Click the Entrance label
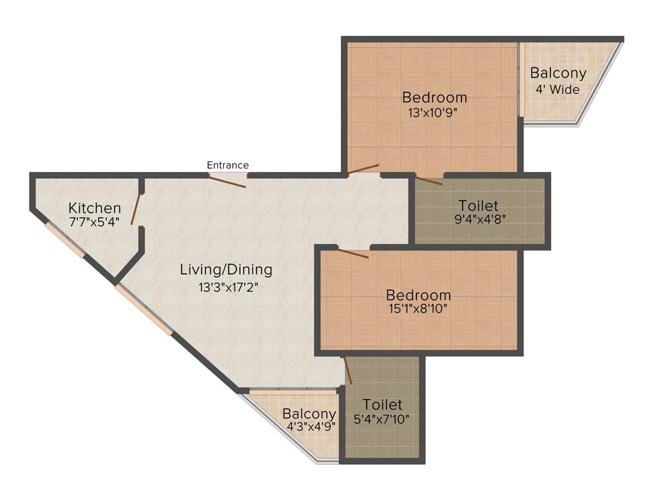coord(228,166)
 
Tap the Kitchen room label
coord(95,208)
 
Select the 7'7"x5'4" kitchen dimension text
coord(95,221)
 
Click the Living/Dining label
coord(226,269)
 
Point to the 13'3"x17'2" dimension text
coord(226,287)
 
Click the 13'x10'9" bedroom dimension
coord(434,112)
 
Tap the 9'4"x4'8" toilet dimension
coord(480,218)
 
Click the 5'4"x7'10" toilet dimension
coord(382,418)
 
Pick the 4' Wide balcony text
coord(558,90)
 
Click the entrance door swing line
coord(227,181)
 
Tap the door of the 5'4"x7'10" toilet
coord(347,370)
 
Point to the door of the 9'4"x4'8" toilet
coord(429,180)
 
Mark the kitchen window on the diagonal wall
coord(64,240)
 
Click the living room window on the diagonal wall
coord(144,310)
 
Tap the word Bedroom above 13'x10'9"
coord(434,97)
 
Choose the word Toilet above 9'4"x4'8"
coord(480,206)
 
